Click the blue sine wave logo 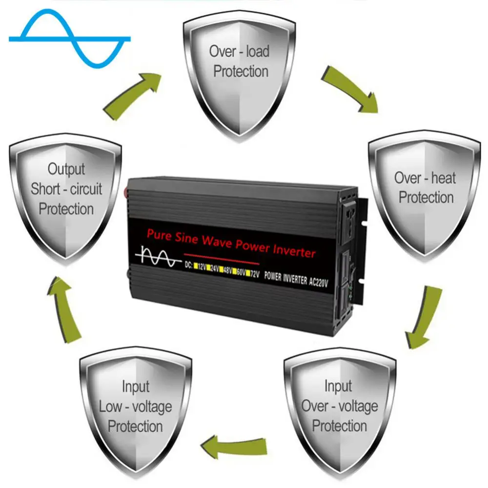[69, 38]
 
